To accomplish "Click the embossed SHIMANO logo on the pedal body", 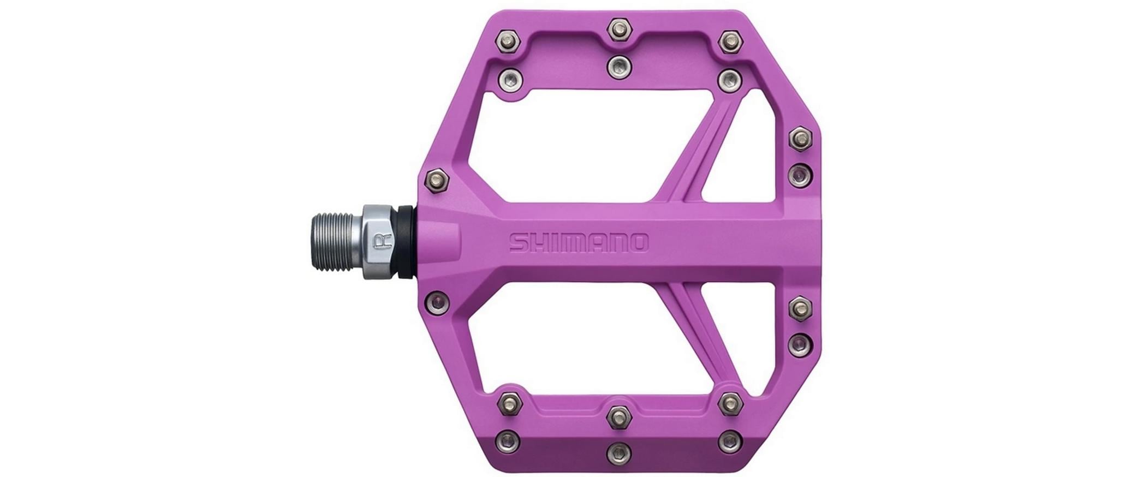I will click(578, 243).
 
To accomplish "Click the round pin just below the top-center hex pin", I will click(618, 66).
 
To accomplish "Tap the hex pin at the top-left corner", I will click(508, 40).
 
